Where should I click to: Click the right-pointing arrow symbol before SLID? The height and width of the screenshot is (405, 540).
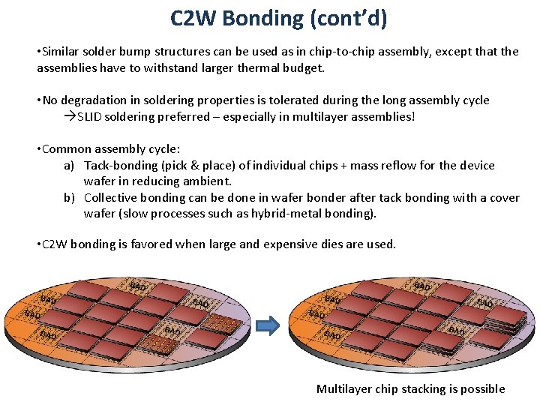pyautogui.click(x=70, y=117)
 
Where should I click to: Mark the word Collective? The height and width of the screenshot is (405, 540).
pyautogui.click(x=112, y=198)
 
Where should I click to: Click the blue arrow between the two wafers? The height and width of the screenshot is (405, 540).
pyautogui.click(x=268, y=325)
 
